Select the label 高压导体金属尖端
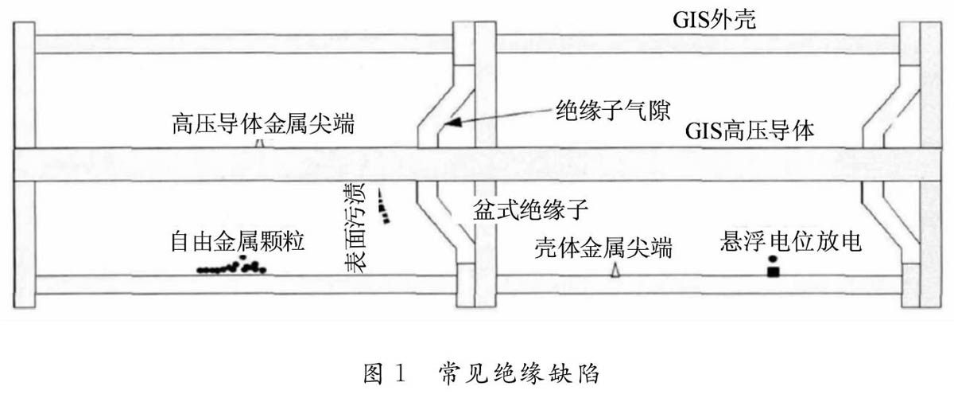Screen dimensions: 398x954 click(x=263, y=126)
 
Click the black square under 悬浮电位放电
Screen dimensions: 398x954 click(x=772, y=272)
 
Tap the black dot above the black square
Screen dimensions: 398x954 click(x=772, y=259)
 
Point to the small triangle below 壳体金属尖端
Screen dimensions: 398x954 click(x=614, y=271)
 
